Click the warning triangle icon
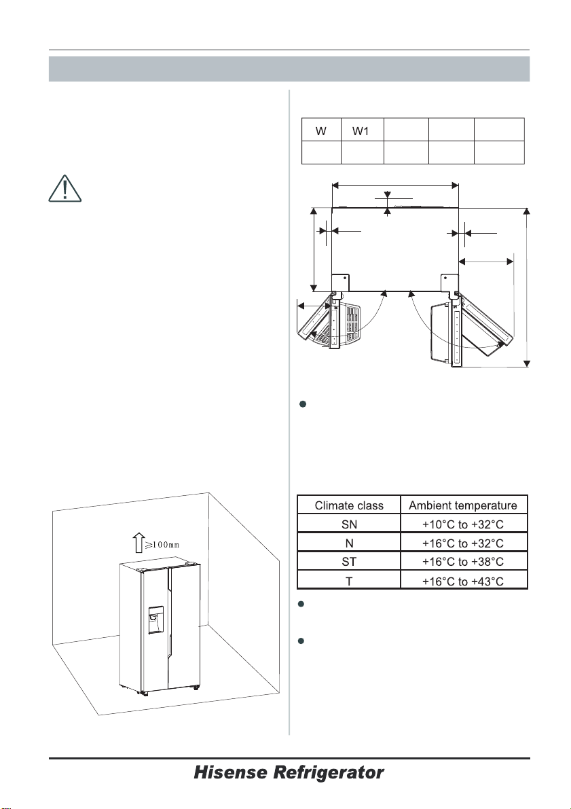point(65,189)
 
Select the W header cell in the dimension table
point(321,131)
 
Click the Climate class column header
point(349,505)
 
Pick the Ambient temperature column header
point(462,505)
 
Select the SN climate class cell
point(349,524)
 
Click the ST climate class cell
point(349,561)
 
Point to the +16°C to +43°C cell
point(462,581)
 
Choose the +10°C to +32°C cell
point(462,524)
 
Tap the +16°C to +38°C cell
point(462,561)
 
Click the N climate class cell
point(349,543)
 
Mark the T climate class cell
point(349,581)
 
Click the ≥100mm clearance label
point(162,545)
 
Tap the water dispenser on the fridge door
point(155,619)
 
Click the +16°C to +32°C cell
point(462,543)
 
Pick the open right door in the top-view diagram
point(485,324)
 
